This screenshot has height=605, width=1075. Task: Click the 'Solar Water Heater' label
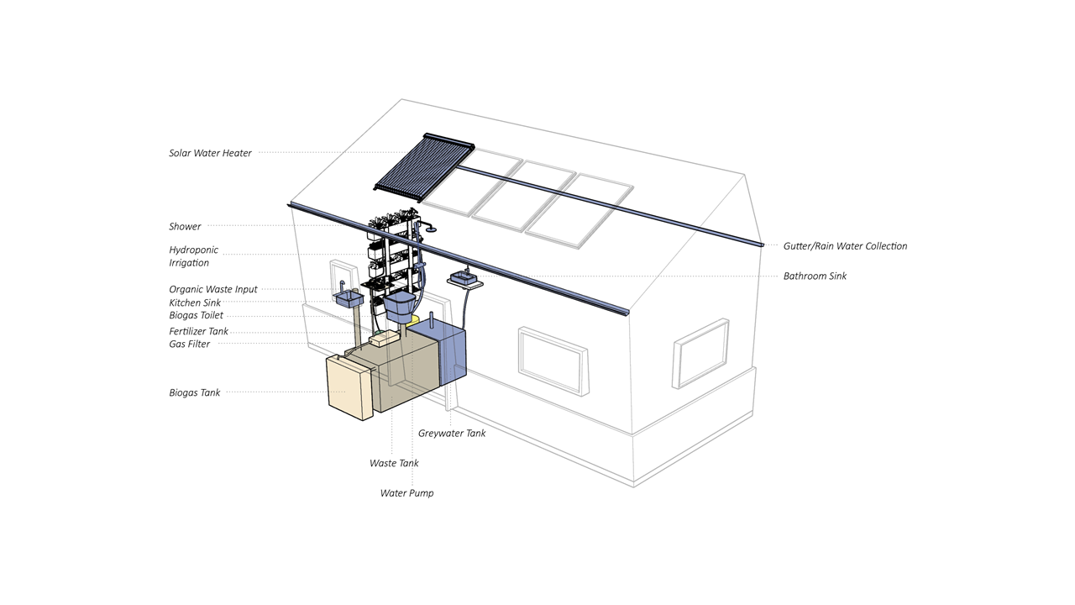[210, 153]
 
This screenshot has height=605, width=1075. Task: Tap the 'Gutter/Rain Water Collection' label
[845, 246]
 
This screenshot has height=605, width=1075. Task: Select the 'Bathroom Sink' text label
[815, 276]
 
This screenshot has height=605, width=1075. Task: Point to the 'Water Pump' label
[407, 493]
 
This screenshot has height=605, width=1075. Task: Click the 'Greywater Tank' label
[452, 433]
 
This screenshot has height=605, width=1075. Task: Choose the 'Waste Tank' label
[394, 463]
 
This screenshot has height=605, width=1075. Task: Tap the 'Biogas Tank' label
[194, 392]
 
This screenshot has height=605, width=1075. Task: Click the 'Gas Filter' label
[190, 345]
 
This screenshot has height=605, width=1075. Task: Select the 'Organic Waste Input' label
[213, 290]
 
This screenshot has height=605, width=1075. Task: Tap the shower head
[432, 229]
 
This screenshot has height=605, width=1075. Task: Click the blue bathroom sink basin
[464, 277]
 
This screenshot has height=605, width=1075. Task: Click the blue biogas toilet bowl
[400, 307]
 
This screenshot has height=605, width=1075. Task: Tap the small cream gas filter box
[384, 339]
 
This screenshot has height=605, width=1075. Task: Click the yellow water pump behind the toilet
[414, 320]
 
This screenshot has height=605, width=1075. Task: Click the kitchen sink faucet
[343, 287]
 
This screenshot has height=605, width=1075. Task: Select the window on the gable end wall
[701, 354]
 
